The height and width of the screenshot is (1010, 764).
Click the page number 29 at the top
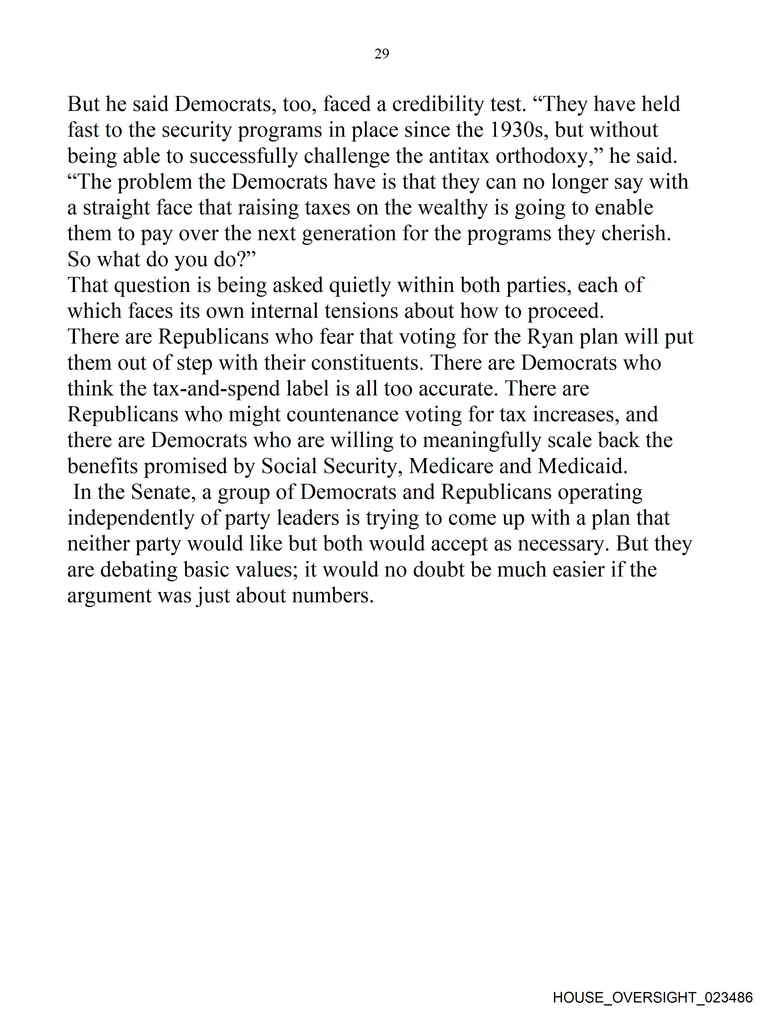[381, 54]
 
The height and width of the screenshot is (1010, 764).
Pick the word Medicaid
[583, 466]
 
